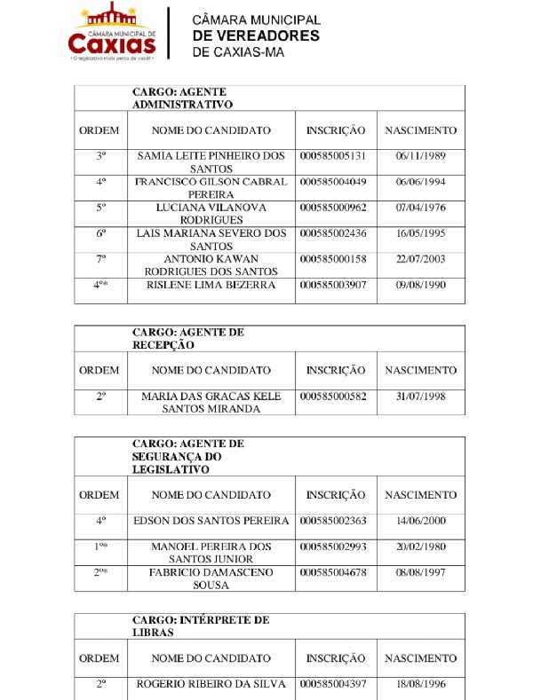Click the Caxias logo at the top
tap(111, 32)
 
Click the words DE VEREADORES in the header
tap(255, 35)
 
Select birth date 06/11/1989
tap(420, 155)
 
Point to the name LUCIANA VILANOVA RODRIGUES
tap(211, 214)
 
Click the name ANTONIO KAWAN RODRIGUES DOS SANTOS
tap(211, 265)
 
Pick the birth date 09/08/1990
tap(420, 286)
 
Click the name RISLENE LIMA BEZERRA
tap(211, 286)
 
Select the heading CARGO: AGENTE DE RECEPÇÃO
tap(188, 338)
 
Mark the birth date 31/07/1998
tap(420, 397)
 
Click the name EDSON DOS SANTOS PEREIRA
tap(211, 522)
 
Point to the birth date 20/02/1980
tap(420, 547)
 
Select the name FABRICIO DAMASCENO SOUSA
tap(211, 579)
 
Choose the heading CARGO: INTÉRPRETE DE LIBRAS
tap(201, 626)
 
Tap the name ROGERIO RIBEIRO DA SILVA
tap(211, 685)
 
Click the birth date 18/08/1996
tap(420, 685)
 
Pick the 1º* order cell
tap(101, 547)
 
